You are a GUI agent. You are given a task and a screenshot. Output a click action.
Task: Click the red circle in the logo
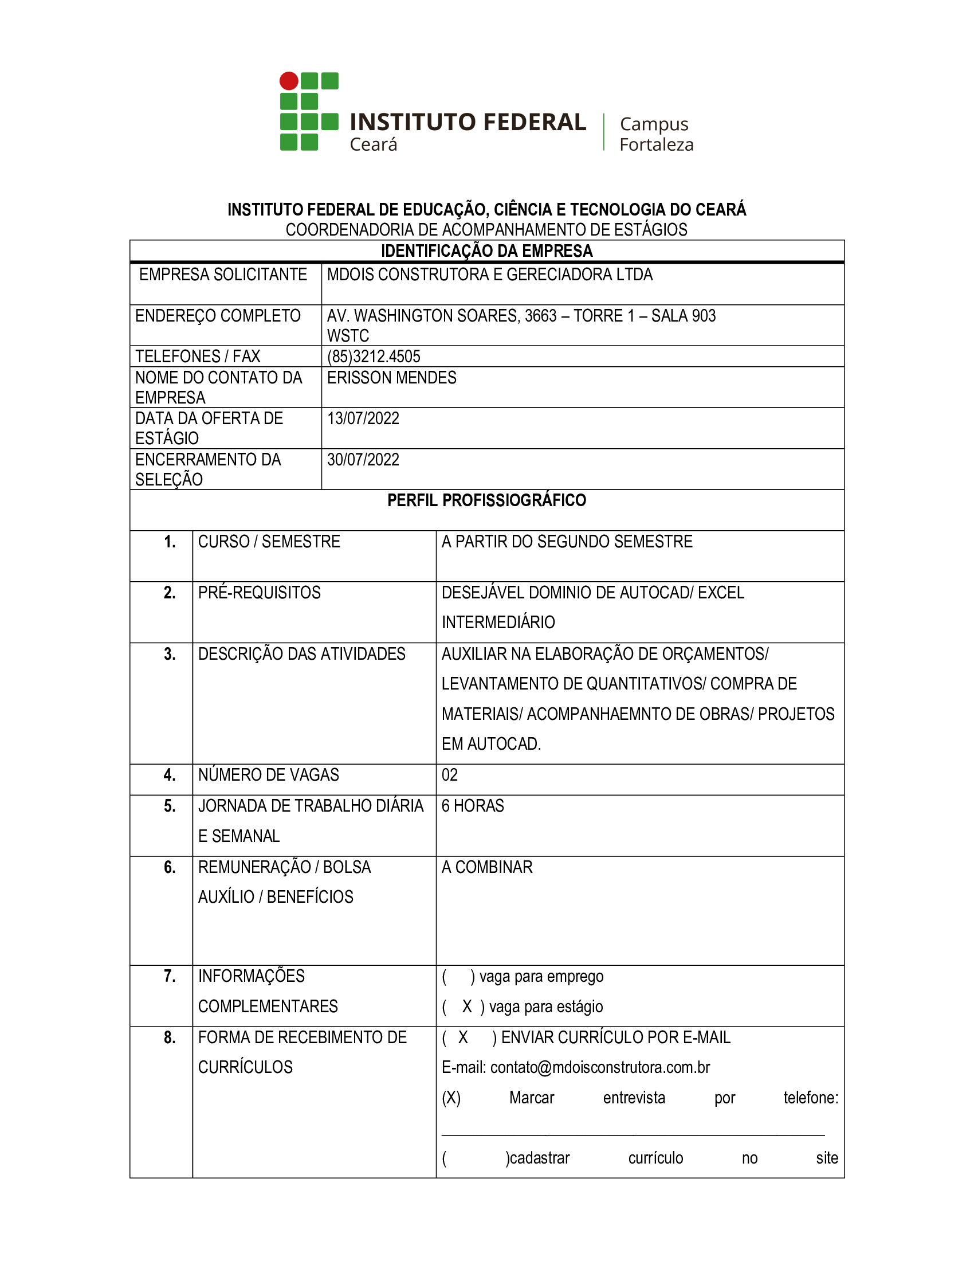click(289, 81)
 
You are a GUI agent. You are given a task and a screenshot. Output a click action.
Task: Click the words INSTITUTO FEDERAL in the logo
click(468, 123)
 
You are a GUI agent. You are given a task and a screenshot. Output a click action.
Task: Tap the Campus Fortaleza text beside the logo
click(656, 134)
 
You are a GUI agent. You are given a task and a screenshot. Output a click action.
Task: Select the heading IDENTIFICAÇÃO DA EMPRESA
click(486, 251)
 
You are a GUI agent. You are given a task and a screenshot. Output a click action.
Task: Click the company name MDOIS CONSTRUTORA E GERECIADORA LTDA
click(489, 275)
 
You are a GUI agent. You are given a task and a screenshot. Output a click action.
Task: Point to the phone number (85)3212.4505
click(374, 357)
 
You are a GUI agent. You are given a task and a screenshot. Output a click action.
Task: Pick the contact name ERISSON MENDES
click(391, 378)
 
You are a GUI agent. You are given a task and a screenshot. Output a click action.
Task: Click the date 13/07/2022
click(363, 418)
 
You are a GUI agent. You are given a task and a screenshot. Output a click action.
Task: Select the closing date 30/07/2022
click(363, 460)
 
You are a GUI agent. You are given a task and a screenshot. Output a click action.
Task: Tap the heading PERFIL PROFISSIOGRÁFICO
click(486, 500)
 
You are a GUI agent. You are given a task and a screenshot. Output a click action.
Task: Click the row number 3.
click(170, 654)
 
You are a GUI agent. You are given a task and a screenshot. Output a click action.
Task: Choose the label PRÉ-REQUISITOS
click(259, 593)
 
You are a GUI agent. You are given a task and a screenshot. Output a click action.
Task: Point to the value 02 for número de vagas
click(450, 775)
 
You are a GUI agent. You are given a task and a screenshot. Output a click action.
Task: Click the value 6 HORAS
click(473, 806)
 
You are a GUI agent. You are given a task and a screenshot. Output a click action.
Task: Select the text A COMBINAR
click(487, 867)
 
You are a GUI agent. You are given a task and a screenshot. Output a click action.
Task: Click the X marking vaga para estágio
click(467, 1007)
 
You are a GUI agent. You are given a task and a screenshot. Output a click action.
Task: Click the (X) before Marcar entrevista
click(451, 1098)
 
